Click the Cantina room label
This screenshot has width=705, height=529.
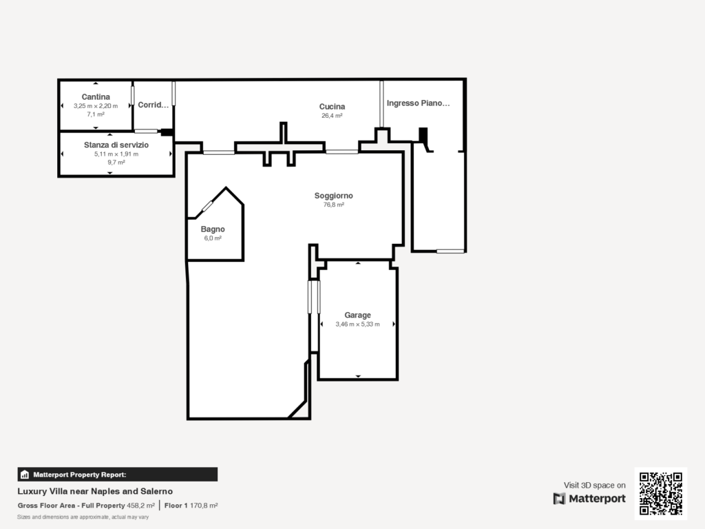click(96, 97)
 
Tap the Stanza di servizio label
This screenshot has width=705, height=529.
click(116, 145)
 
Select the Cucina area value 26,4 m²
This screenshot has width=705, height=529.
click(332, 116)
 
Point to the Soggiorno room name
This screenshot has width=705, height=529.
click(333, 196)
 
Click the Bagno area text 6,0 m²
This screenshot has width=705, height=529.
click(212, 238)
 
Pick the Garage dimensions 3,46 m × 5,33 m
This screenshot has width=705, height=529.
click(357, 324)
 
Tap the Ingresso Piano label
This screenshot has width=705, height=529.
click(418, 103)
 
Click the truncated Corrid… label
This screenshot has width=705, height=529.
click(153, 105)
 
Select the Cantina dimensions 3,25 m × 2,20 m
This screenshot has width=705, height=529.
click(96, 106)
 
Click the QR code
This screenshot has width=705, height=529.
click(660, 493)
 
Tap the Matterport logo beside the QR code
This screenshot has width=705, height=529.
click(589, 499)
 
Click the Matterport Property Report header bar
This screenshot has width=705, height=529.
click(117, 475)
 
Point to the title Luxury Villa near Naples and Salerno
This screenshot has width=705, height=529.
click(95, 492)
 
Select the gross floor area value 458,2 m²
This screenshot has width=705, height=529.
click(140, 506)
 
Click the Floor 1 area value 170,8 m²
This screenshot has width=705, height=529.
click(204, 506)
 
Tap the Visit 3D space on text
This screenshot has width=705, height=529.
click(595, 486)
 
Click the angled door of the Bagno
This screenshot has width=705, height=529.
click(207, 206)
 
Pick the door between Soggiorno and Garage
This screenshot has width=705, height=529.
click(314, 297)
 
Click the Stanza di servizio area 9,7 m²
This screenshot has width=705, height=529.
click(116, 163)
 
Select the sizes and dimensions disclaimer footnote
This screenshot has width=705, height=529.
click(83, 517)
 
